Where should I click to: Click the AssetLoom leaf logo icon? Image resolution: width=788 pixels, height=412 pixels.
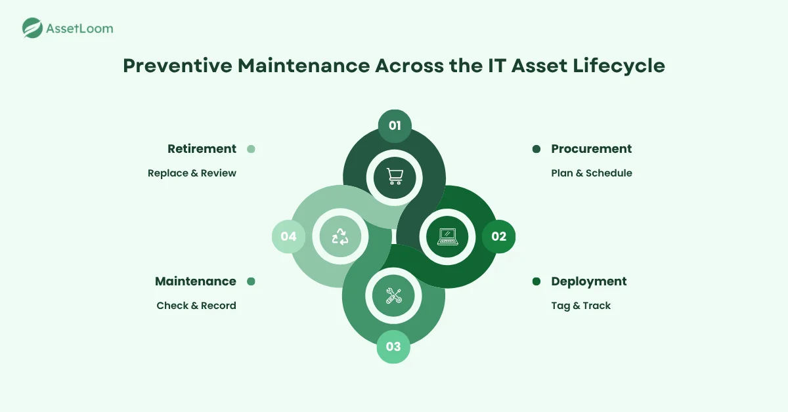pyautogui.click(x=32, y=28)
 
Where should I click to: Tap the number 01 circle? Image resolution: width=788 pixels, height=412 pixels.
pyautogui.click(x=395, y=126)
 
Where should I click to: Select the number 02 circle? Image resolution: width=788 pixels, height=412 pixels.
pyautogui.click(x=498, y=236)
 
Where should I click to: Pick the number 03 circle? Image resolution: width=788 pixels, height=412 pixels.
pyautogui.click(x=393, y=346)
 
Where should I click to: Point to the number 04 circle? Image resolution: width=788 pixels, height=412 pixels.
pyautogui.click(x=289, y=236)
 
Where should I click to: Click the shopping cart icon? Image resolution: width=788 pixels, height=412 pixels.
pyautogui.click(x=395, y=176)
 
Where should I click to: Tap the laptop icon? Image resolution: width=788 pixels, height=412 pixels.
pyautogui.click(x=448, y=236)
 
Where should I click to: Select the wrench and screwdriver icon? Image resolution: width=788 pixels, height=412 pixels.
pyautogui.click(x=393, y=295)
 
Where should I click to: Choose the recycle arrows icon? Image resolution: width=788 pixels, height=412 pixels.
pyautogui.click(x=340, y=236)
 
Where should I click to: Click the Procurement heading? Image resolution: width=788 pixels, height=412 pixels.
pyautogui.click(x=591, y=149)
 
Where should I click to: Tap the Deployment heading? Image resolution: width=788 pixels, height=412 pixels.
pyautogui.click(x=588, y=281)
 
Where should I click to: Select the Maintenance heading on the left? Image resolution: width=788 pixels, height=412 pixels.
pyautogui.click(x=196, y=281)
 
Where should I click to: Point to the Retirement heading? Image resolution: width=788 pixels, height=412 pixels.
pyautogui.click(x=202, y=149)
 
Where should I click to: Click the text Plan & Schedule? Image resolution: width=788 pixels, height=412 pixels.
pyautogui.click(x=591, y=173)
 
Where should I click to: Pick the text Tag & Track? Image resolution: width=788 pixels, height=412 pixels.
pyautogui.click(x=580, y=306)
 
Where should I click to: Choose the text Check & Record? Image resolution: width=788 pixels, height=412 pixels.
pyautogui.click(x=196, y=306)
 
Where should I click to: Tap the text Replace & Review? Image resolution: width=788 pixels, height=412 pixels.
pyautogui.click(x=192, y=173)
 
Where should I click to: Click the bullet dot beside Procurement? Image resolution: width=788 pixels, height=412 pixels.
pyautogui.click(x=536, y=150)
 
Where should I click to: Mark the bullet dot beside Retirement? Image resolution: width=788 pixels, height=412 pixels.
pyautogui.click(x=251, y=150)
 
